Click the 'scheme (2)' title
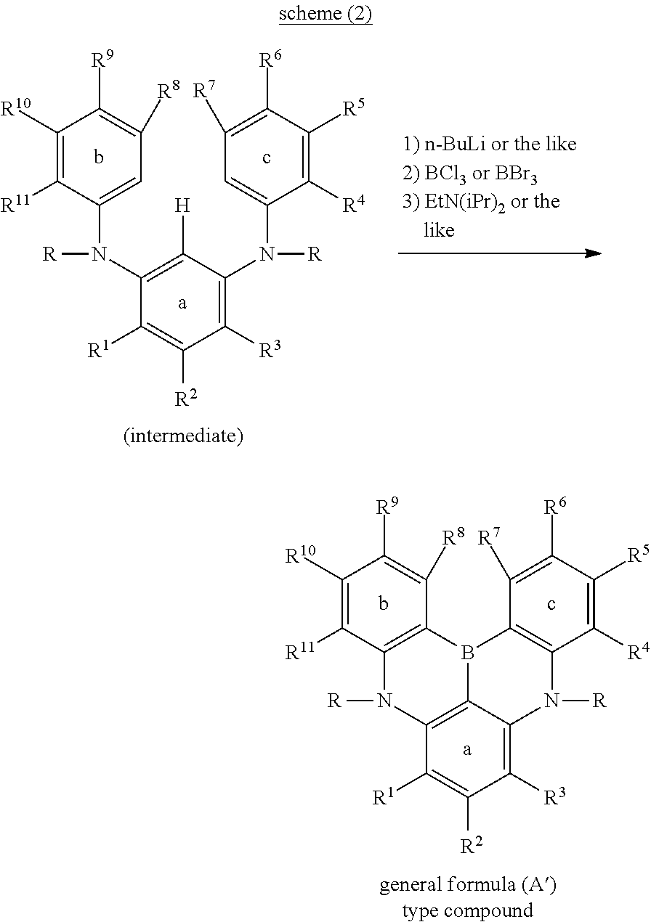(325, 15)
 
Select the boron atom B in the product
(468, 655)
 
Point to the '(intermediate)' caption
(183, 436)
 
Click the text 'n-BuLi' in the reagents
(456, 144)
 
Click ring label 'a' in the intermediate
(182, 303)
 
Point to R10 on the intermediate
(17, 110)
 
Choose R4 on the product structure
(636, 651)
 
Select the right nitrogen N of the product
(551, 701)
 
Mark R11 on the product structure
(302, 652)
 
